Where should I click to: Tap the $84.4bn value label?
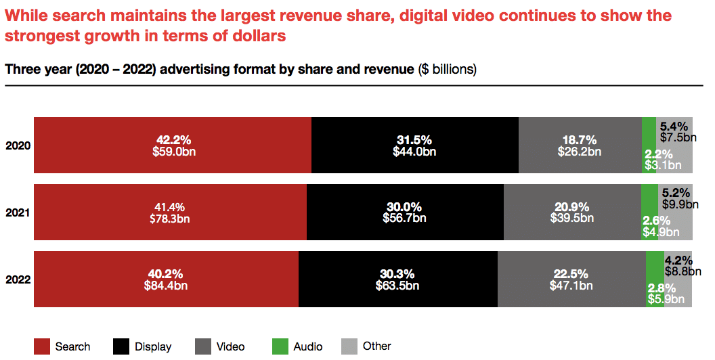[x=166, y=286]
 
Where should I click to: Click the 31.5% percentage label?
[x=414, y=140]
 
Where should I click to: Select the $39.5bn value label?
[x=571, y=218]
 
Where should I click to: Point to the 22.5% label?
[x=571, y=274]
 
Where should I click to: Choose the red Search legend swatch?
[x=42, y=346]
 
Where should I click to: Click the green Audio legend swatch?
[x=280, y=346]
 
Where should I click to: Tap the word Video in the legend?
[x=231, y=346]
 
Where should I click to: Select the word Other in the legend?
[x=377, y=346]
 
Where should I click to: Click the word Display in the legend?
[x=153, y=346]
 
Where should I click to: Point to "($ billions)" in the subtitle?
[x=447, y=70]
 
